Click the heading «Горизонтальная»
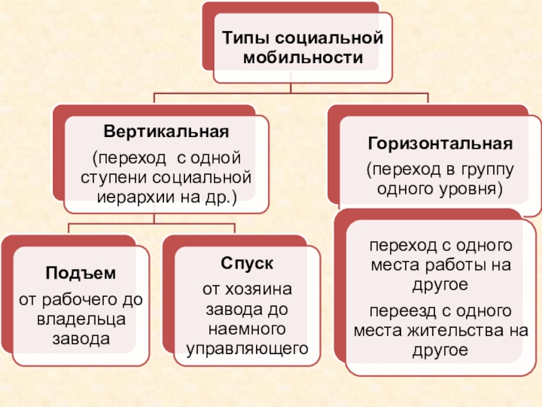(x=440, y=144)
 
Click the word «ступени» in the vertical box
(x=110, y=178)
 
